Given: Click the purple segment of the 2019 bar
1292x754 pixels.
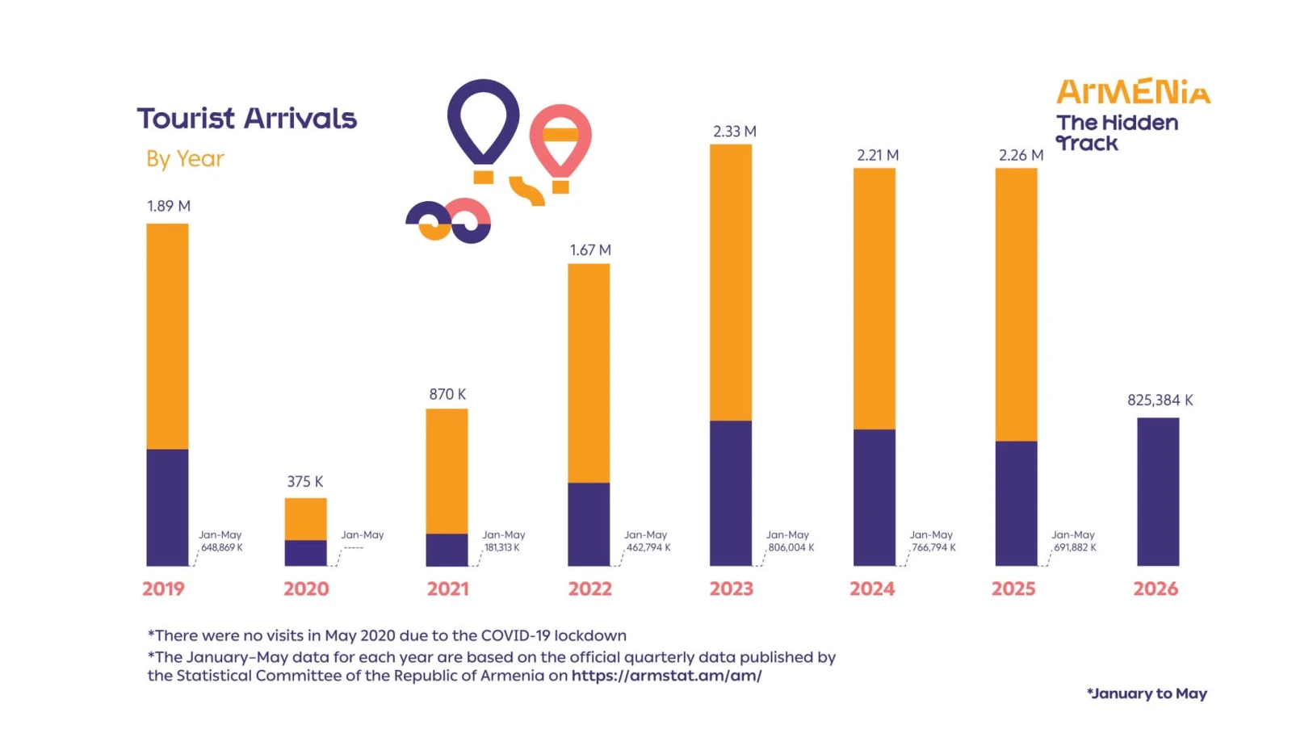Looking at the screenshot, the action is tap(167, 507).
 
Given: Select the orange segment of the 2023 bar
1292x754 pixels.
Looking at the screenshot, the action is tap(731, 283).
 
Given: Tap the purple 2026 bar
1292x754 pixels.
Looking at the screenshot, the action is tap(1158, 492).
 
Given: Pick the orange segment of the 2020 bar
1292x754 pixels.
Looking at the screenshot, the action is tap(306, 519).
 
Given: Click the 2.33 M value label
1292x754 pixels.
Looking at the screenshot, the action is tap(735, 132).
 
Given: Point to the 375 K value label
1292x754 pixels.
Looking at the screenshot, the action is tap(305, 481).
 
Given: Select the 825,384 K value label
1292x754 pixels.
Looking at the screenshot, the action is tap(1160, 400).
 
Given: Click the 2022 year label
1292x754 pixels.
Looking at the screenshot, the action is tap(589, 589).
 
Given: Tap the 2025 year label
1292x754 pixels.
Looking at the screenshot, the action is tap(1013, 589).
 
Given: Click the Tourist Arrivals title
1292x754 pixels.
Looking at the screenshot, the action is tap(247, 118).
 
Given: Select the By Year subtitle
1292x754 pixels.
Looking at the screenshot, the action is tap(185, 158).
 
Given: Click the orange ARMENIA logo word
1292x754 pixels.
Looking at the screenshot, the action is tap(1134, 92).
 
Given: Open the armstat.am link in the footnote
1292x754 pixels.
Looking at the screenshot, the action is tap(667, 676).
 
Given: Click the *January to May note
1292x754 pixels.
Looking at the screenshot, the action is tap(1147, 693).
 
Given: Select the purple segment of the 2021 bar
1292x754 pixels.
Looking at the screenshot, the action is tap(447, 550).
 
